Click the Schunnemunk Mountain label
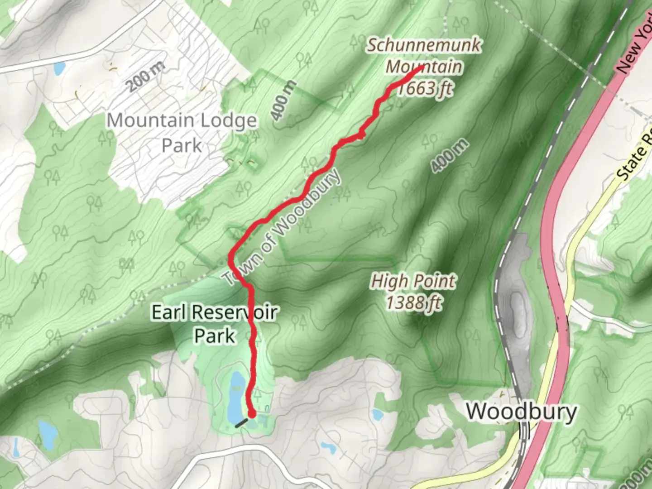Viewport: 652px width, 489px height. [424, 56]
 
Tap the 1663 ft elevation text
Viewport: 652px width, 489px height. [424, 88]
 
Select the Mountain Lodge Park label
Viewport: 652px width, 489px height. [182, 133]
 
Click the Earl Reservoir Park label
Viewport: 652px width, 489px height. [214, 324]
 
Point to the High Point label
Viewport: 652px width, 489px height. [413, 282]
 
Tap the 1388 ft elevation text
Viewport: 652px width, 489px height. [414, 302]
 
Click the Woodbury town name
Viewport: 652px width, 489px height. [521, 412]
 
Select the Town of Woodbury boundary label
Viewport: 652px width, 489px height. [282, 227]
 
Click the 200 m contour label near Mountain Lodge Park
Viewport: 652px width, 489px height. [145, 78]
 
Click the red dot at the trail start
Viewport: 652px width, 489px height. [251, 413]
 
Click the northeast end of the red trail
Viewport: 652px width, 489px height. [420, 68]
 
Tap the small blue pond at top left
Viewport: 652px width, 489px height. [59, 68]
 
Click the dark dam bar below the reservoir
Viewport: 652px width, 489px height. [241, 423]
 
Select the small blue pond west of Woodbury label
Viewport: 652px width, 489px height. [377, 414]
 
